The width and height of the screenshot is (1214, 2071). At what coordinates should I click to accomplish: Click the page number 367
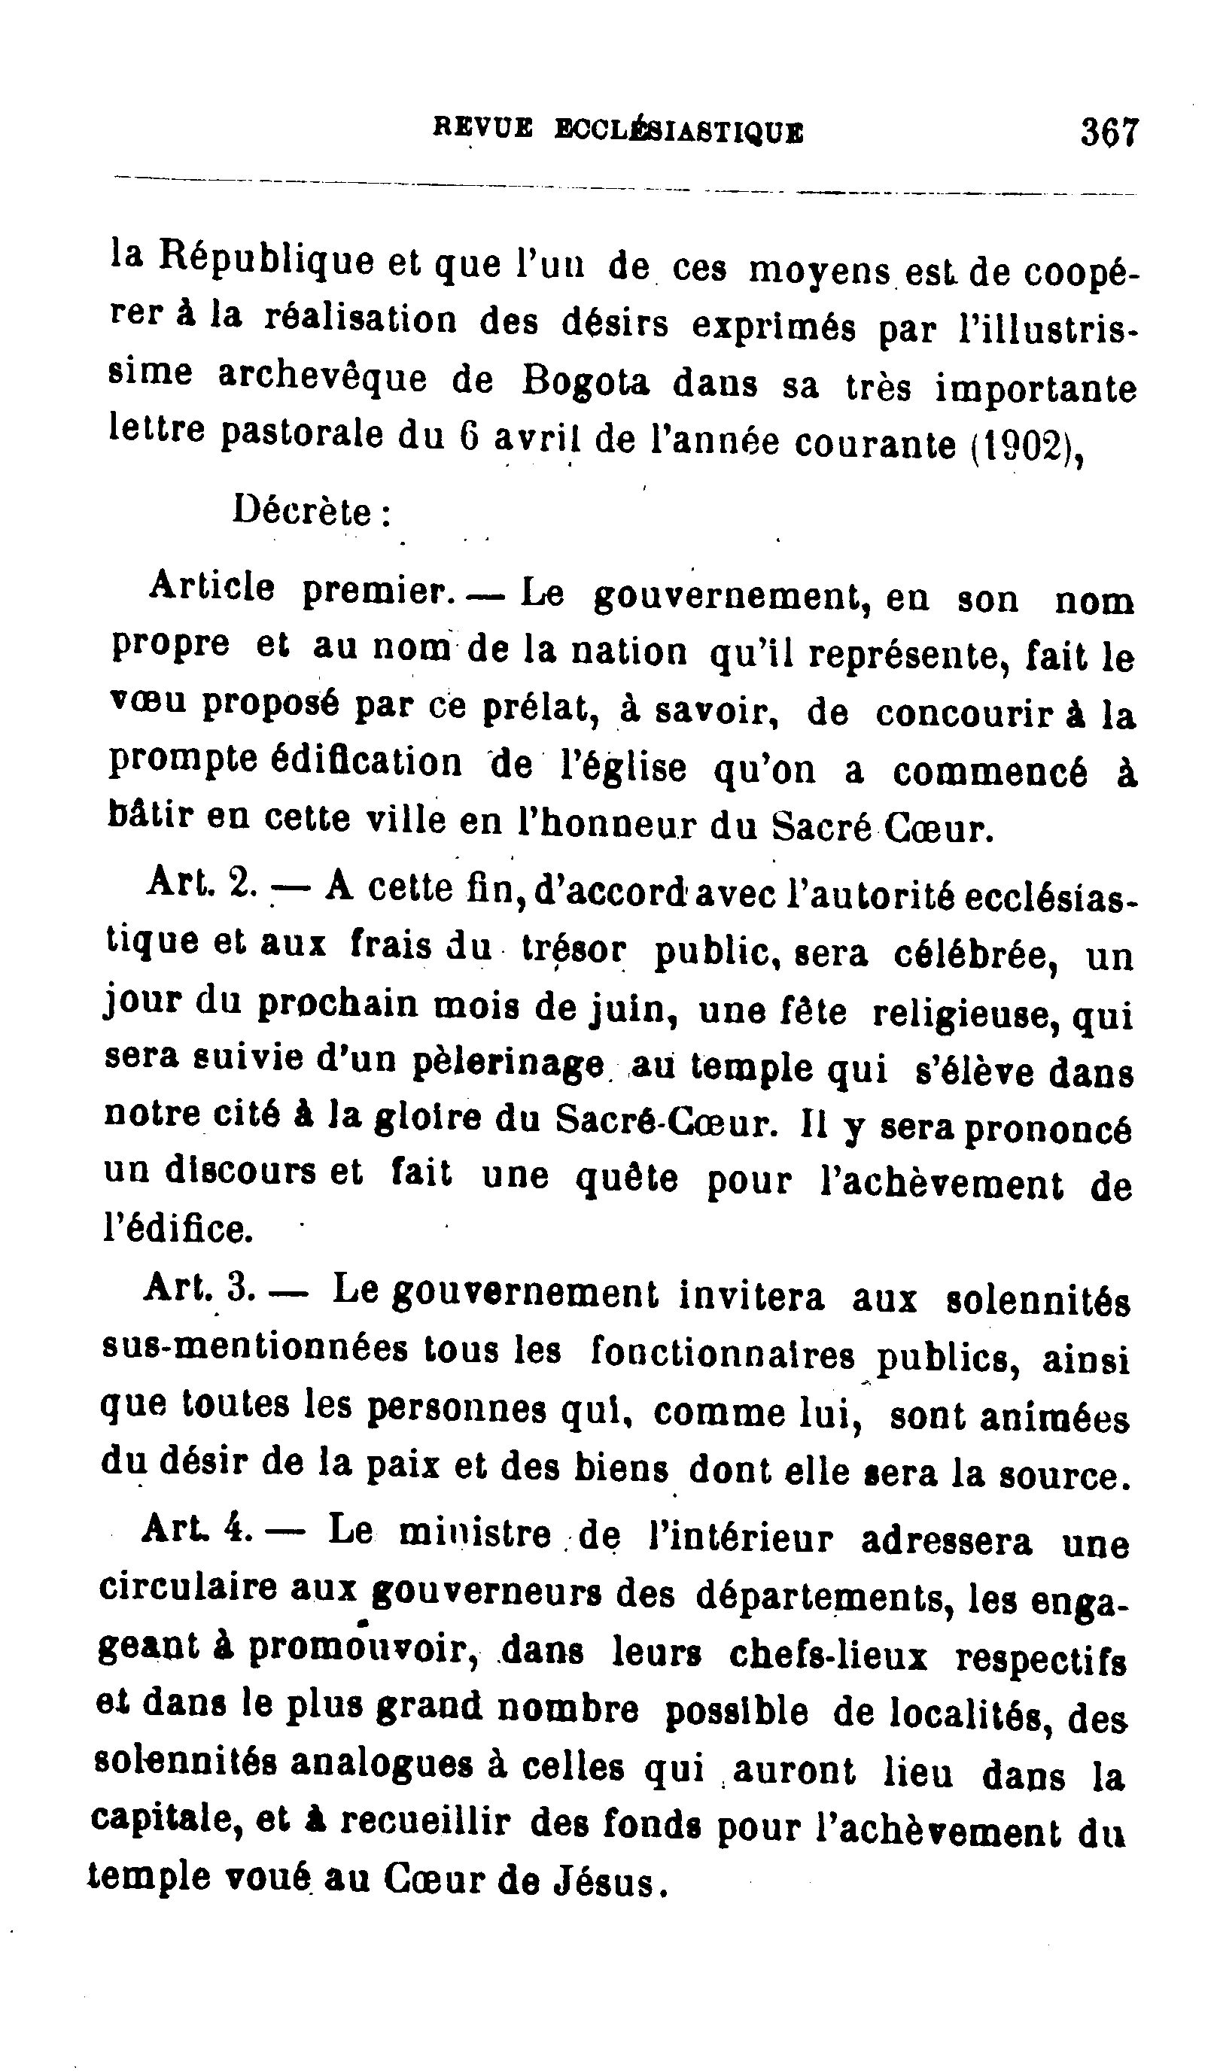point(1109,132)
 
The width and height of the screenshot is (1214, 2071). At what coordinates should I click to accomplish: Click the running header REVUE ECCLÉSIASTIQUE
point(617,131)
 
